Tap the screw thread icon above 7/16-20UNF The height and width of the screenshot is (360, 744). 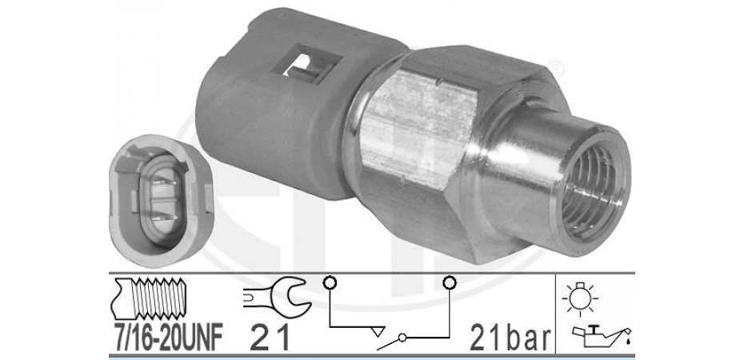[x=148, y=299]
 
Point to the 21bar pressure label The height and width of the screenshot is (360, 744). [x=510, y=338]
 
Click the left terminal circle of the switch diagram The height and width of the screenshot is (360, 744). [x=329, y=283]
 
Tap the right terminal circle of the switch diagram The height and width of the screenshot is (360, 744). [x=449, y=283]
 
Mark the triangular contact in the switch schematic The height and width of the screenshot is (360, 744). [x=378, y=330]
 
